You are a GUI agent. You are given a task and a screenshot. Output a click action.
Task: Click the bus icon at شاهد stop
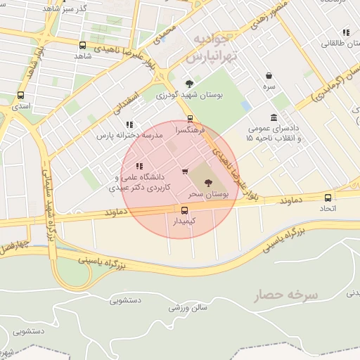[x=83, y=45]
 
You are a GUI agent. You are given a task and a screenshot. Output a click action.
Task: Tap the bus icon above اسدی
[x=20, y=95]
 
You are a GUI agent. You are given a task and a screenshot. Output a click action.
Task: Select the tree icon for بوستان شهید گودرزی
[x=188, y=84]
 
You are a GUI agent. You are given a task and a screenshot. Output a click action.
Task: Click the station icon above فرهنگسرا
[x=190, y=119]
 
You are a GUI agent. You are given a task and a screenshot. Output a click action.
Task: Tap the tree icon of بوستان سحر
[x=207, y=182]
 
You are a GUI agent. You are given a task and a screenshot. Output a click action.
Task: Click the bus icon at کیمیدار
[x=185, y=210]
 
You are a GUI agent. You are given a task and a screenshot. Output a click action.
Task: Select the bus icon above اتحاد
[x=328, y=198]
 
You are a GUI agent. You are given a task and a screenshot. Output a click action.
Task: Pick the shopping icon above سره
[x=269, y=76]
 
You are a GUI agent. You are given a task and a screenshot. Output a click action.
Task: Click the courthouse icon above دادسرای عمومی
[x=274, y=117]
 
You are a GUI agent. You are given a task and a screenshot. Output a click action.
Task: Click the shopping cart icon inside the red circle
[x=185, y=171]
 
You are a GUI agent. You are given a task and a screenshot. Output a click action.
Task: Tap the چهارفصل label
[x=14, y=247]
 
